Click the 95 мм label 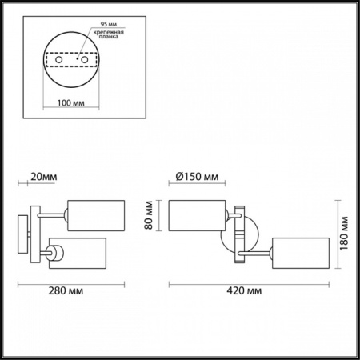[x=109, y=24]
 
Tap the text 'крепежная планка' [x=109, y=34]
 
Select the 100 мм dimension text [x=71, y=103]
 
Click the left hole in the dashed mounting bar [x=59, y=60]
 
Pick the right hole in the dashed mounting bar [x=85, y=60]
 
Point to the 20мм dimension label [x=44, y=177]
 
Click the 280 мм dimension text [x=66, y=290]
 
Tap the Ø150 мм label [x=197, y=177]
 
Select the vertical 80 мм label [x=149, y=215]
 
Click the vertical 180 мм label [x=344, y=234]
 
